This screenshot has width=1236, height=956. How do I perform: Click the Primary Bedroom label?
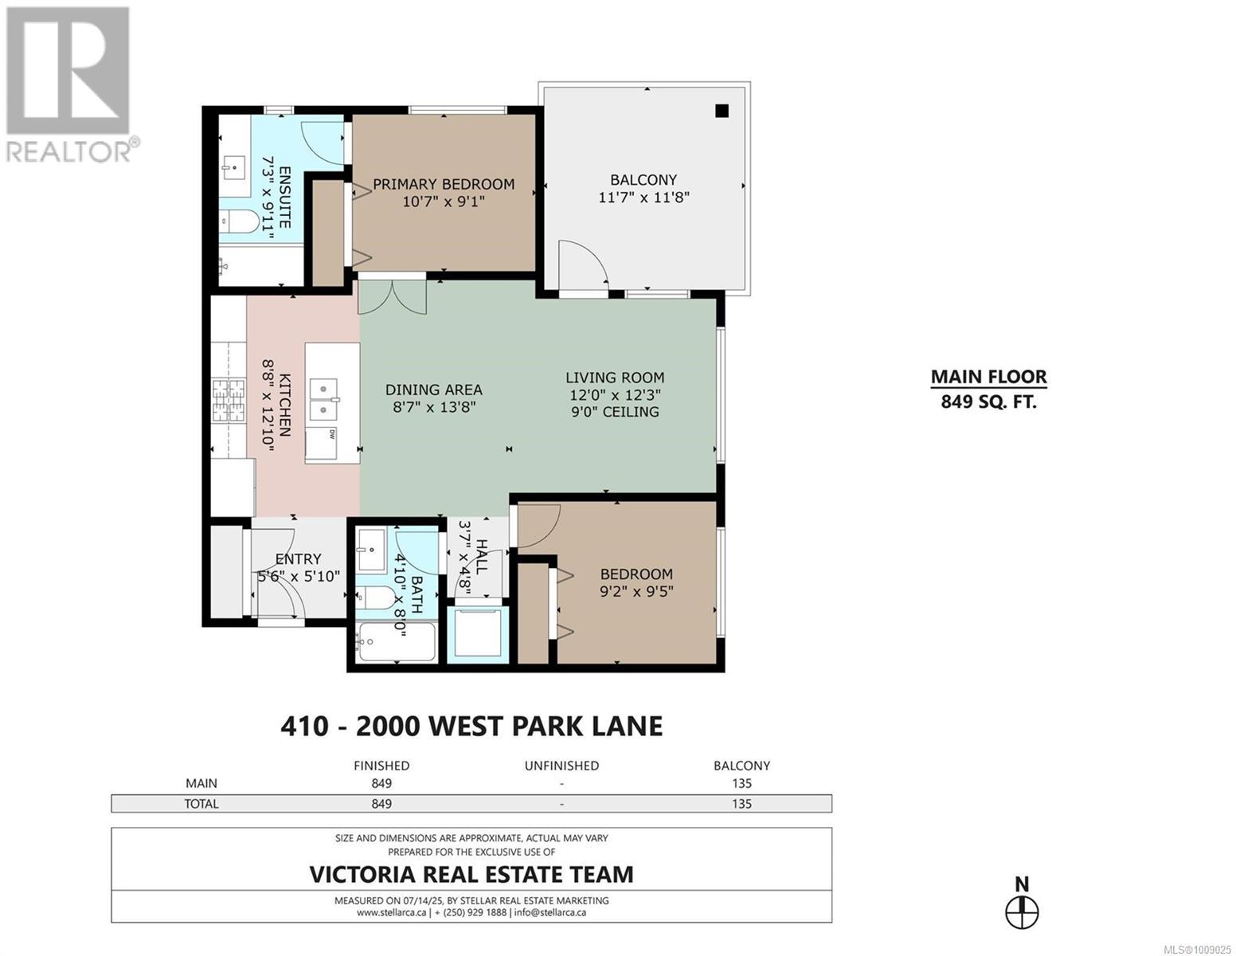[x=443, y=184]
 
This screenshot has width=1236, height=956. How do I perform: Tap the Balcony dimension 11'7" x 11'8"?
[x=643, y=198]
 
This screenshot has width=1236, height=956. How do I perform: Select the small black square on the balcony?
[x=722, y=111]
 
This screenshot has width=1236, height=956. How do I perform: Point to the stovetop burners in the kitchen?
[x=228, y=401]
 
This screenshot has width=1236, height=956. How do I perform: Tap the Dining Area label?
[x=433, y=390]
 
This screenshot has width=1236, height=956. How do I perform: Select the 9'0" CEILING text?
[x=615, y=412]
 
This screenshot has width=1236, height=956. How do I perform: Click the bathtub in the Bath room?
[x=397, y=642]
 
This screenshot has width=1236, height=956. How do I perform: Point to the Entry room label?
[x=298, y=558]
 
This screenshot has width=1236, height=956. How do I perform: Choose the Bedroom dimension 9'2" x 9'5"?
[x=636, y=591]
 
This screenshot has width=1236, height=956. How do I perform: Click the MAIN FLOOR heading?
[x=988, y=377]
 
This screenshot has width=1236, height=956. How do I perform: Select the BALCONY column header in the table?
[x=741, y=766]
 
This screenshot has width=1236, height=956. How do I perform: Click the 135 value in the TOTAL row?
[x=741, y=804]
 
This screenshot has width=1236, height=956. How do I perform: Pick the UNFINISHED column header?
[x=561, y=766]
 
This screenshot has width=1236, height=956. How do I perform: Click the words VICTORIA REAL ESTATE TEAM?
[x=471, y=874]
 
